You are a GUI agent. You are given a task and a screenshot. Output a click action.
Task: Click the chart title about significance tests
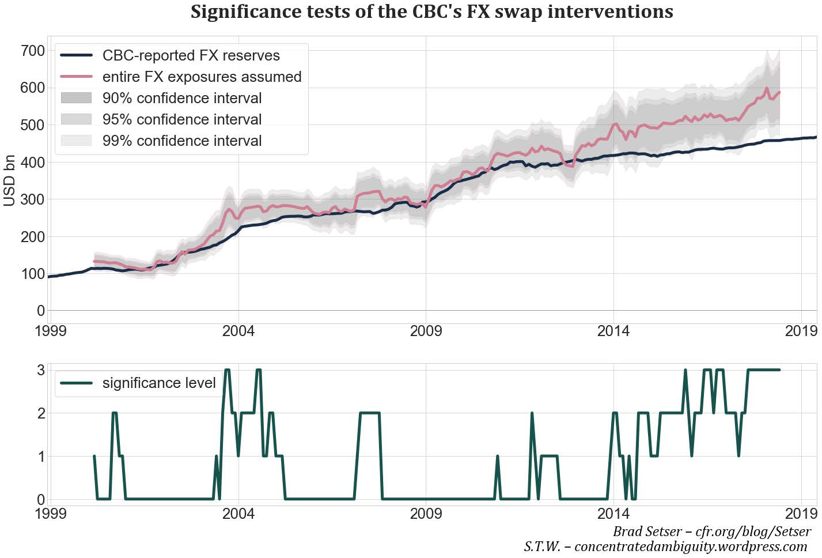pos(431,12)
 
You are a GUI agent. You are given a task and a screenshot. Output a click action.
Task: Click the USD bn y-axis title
pos(10,180)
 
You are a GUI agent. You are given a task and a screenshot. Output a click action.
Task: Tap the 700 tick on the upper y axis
pos(32,51)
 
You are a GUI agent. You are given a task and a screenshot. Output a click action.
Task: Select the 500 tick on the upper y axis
pos(32,125)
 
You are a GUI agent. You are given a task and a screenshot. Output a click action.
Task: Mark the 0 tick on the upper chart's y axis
pos(40,311)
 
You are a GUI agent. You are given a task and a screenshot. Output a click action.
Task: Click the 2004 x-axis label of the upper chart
pos(238,331)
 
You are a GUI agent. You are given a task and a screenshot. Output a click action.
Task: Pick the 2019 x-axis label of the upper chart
pos(801,331)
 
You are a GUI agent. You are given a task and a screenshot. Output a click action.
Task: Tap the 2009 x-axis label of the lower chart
pos(426,513)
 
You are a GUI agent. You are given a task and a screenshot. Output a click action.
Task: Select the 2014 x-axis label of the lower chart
pos(613,513)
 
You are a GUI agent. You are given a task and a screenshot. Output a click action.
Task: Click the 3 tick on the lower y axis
pos(40,370)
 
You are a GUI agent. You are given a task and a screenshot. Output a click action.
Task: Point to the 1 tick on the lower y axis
pos(40,457)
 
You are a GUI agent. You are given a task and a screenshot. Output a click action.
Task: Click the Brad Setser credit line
pos(711,531)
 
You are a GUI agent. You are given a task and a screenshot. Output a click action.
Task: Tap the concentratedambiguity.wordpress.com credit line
pos(665,546)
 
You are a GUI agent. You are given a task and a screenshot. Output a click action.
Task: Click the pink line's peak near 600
pos(767,89)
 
